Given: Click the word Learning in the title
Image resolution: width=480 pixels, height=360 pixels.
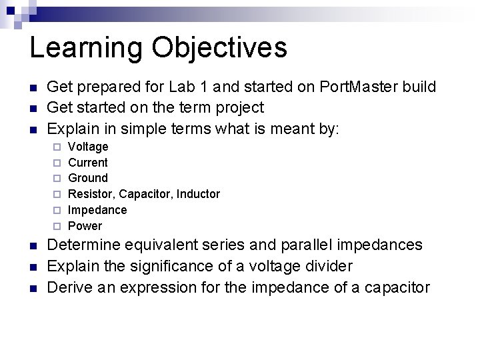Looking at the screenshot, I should point(85,49).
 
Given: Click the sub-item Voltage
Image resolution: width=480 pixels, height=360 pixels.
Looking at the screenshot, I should point(88,147).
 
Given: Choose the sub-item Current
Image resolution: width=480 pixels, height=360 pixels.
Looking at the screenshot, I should point(88,163).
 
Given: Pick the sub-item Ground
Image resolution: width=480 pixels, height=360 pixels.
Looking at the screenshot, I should point(88,178).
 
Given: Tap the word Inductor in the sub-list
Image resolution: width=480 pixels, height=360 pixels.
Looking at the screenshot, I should point(198,194).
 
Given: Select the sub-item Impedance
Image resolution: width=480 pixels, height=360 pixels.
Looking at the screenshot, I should point(97,210).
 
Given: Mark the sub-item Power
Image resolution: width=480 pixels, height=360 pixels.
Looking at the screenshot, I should point(85,226).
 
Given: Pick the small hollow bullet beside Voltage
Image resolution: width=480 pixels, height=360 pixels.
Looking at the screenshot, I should point(57,147).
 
